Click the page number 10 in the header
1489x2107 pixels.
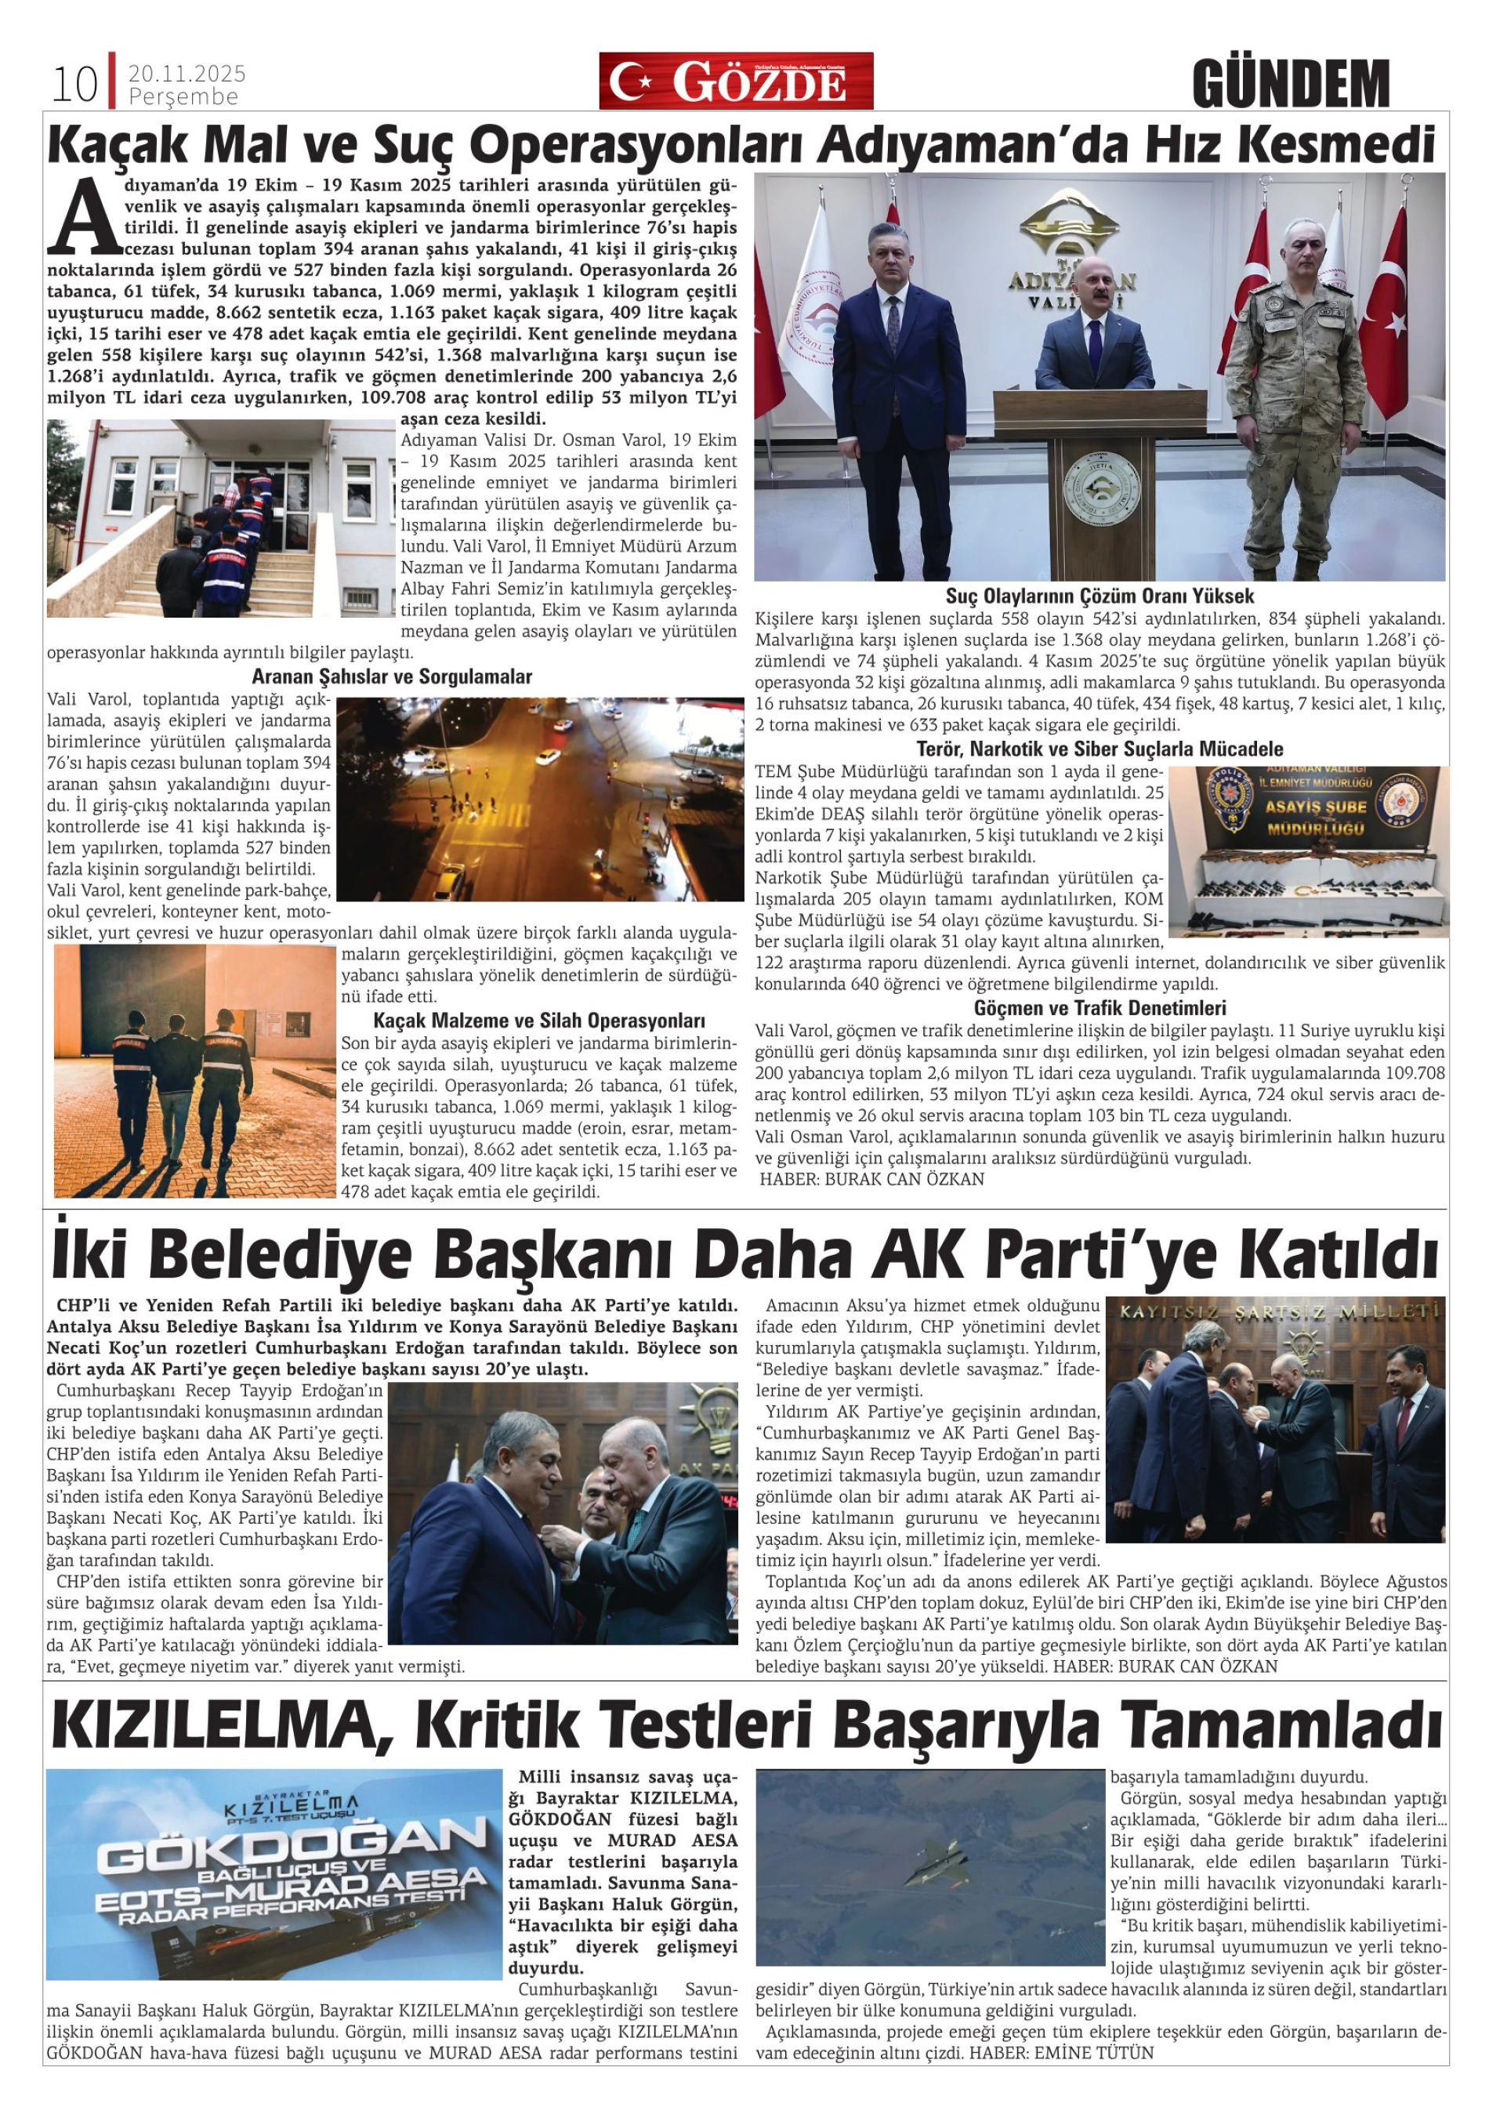point(74,85)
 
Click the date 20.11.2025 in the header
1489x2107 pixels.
point(187,74)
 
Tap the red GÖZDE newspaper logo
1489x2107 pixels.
point(735,81)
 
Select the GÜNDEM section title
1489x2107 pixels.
point(1290,84)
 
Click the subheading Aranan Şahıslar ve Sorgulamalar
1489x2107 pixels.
point(392,676)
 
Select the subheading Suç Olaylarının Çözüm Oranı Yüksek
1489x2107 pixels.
point(1099,596)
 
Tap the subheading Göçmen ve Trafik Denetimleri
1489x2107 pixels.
point(1099,1007)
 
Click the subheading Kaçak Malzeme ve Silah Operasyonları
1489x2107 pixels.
point(538,1021)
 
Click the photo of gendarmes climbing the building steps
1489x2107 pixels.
point(220,517)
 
